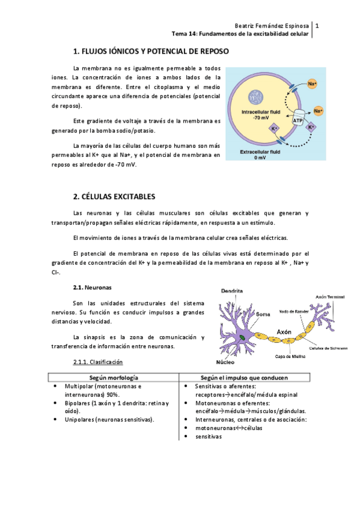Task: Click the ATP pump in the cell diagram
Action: click(x=297, y=120)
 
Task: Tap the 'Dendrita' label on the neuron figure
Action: click(x=231, y=290)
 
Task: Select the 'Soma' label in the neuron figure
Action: click(x=263, y=313)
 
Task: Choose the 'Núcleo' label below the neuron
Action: click(x=225, y=363)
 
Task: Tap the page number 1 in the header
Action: click(x=316, y=26)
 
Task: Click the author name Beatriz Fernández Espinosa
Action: click(x=272, y=26)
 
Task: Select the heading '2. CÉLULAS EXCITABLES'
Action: click(x=114, y=197)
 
